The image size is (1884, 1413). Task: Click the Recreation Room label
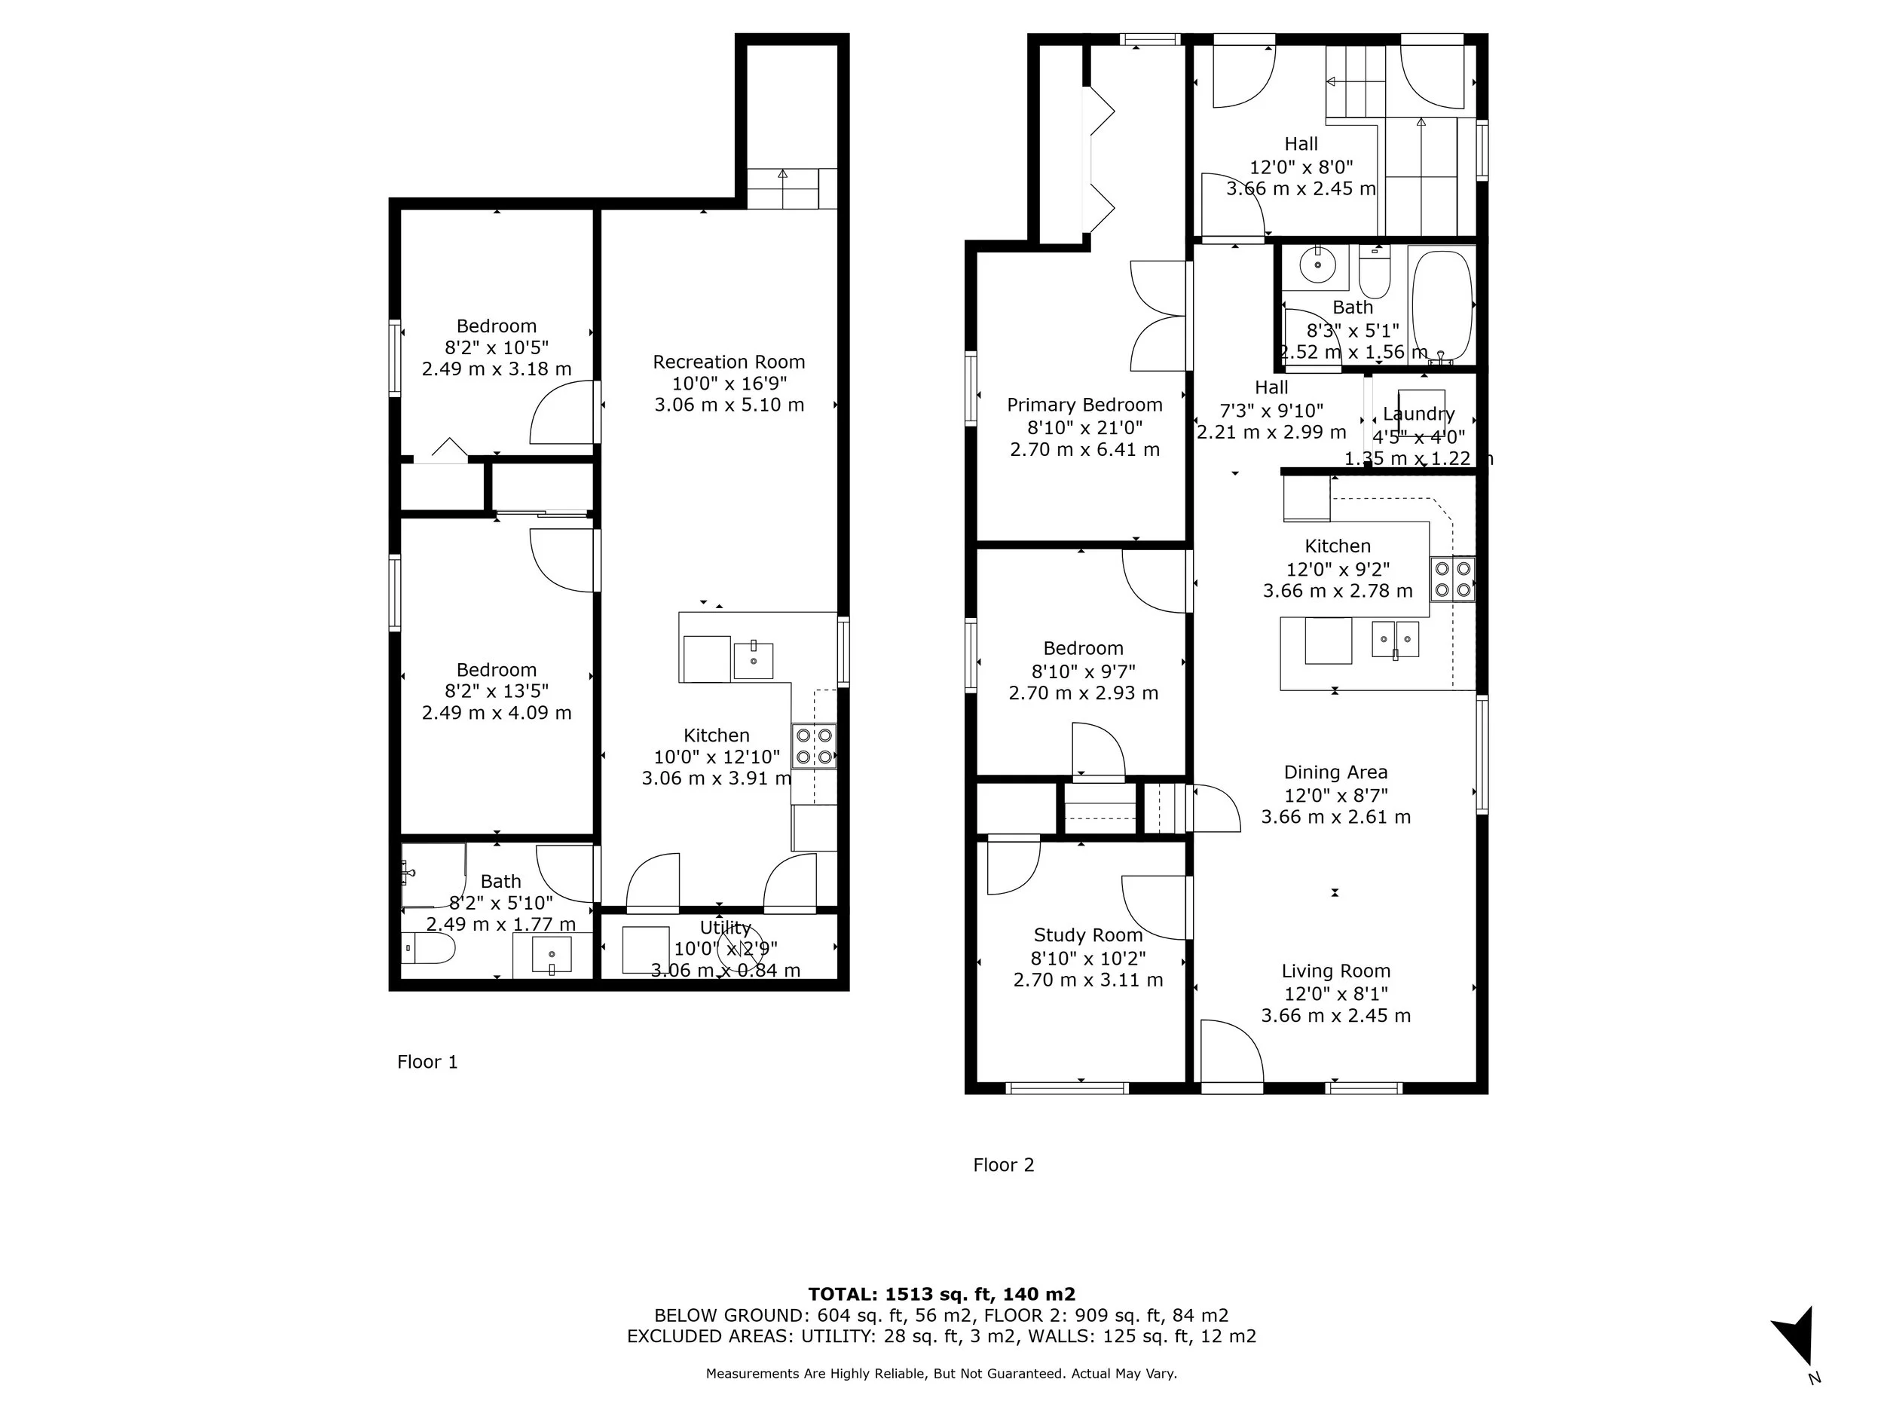tap(729, 362)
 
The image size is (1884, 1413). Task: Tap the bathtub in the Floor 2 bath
tap(1441, 305)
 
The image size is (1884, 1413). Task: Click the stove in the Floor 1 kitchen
tap(813, 746)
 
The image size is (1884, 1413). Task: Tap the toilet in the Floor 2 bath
tap(1374, 273)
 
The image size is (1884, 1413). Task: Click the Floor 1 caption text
tap(427, 1062)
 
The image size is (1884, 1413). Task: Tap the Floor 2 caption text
tap(1003, 1165)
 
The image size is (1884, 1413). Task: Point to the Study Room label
tap(1087, 935)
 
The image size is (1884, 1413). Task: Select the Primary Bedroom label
tap(1084, 405)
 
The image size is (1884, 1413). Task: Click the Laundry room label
tap(1418, 414)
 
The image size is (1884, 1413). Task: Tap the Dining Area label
tap(1335, 772)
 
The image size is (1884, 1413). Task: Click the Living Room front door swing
tap(1230, 1053)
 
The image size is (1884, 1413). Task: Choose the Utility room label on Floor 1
tap(725, 928)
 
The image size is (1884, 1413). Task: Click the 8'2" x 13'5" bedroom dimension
tap(497, 691)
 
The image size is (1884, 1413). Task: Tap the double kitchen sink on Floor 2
tap(1395, 639)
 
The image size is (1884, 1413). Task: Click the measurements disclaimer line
tap(941, 1374)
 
